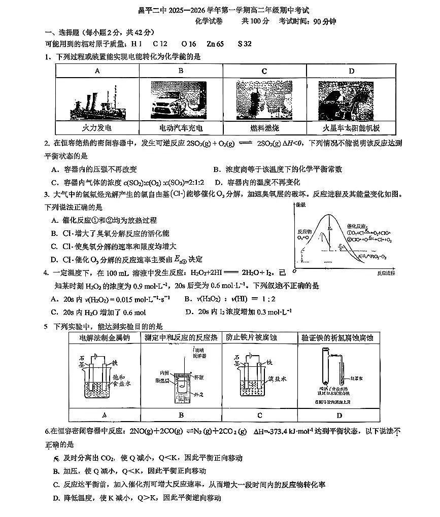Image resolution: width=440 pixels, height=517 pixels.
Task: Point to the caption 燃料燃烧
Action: coord(264,128)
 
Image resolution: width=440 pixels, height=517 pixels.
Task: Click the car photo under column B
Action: coord(181,99)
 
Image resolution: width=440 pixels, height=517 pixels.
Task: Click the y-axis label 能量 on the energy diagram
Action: coord(300,205)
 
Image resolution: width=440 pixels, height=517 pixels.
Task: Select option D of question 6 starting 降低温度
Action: coord(137,498)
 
